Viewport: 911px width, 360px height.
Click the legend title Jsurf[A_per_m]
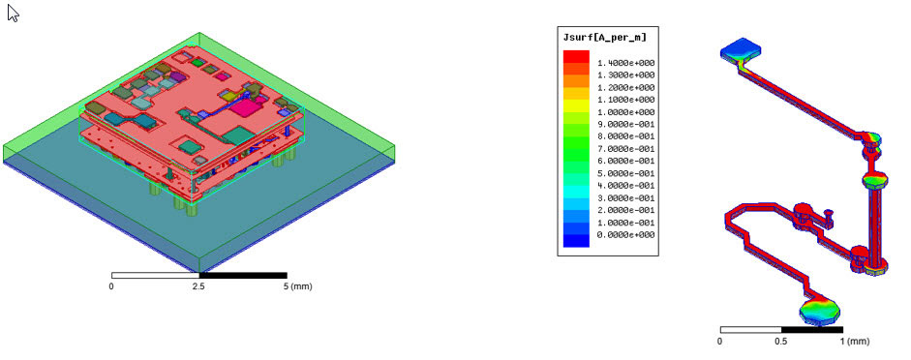point(605,38)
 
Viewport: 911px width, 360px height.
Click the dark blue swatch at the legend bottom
point(576,240)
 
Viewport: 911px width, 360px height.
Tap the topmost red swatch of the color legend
point(576,56)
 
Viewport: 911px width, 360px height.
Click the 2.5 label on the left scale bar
point(199,286)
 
